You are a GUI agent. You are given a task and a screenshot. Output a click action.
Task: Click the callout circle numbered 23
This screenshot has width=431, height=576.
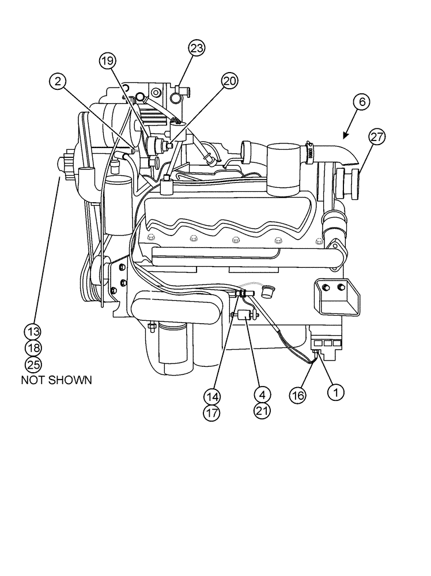(196, 49)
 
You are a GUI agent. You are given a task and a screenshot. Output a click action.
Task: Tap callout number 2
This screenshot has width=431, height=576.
(56, 82)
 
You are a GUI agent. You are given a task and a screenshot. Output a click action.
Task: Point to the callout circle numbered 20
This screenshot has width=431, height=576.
(229, 82)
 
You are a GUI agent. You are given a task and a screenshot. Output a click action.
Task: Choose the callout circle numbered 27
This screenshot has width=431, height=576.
(377, 137)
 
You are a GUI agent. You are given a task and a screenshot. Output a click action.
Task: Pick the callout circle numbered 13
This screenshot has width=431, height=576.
(33, 331)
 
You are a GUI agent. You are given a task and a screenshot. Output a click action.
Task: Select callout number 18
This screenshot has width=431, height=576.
(33, 347)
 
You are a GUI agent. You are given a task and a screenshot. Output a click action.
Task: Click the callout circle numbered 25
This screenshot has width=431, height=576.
(33, 364)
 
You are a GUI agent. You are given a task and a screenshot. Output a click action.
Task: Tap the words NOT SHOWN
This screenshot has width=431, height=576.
(56, 381)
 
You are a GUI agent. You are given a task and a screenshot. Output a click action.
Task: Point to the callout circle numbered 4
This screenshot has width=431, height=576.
(262, 395)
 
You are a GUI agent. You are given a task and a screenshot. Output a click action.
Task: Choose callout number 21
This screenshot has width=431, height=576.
(262, 411)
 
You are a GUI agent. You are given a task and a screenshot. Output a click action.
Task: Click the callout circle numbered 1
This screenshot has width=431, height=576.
(335, 392)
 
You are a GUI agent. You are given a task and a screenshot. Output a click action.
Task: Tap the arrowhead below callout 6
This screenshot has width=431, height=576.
(345, 136)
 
